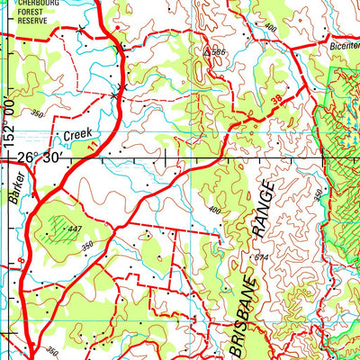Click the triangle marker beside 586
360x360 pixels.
pyautogui.click(x=208, y=52)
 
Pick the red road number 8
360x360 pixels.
pyautogui.click(x=21, y=263)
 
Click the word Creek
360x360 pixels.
pyautogui.click(x=76, y=135)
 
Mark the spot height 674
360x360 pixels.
pyautogui.click(x=261, y=258)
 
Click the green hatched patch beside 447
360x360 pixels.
pyautogui.click(x=62, y=225)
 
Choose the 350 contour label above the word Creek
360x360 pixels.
pyautogui.click(x=37, y=114)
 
